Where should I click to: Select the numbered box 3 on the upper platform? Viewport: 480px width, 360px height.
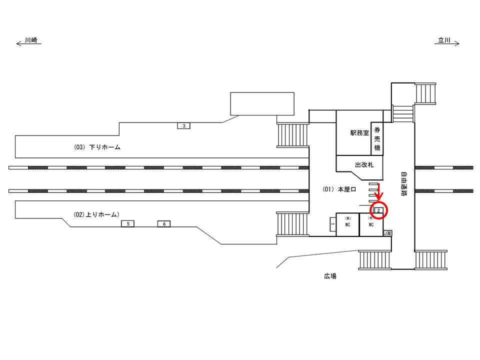[x=184, y=126]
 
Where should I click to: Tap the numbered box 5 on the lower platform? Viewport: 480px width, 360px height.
[x=128, y=224]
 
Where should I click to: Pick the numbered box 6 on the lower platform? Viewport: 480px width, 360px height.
[x=164, y=224]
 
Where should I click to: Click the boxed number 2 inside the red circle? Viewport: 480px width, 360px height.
[x=379, y=210]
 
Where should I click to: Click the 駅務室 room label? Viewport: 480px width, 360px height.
[x=359, y=133]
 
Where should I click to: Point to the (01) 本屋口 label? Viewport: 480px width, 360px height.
[x=339, y=189]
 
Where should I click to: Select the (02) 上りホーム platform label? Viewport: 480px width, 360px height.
[x=96, y=214]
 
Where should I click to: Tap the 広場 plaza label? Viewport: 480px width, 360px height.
[x=329, y=275]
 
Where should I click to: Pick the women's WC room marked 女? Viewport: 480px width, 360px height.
[x=371, y=224]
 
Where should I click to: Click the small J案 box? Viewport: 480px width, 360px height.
[x=387, y=233]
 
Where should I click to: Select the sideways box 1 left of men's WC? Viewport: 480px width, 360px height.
[x=332, y=224]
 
